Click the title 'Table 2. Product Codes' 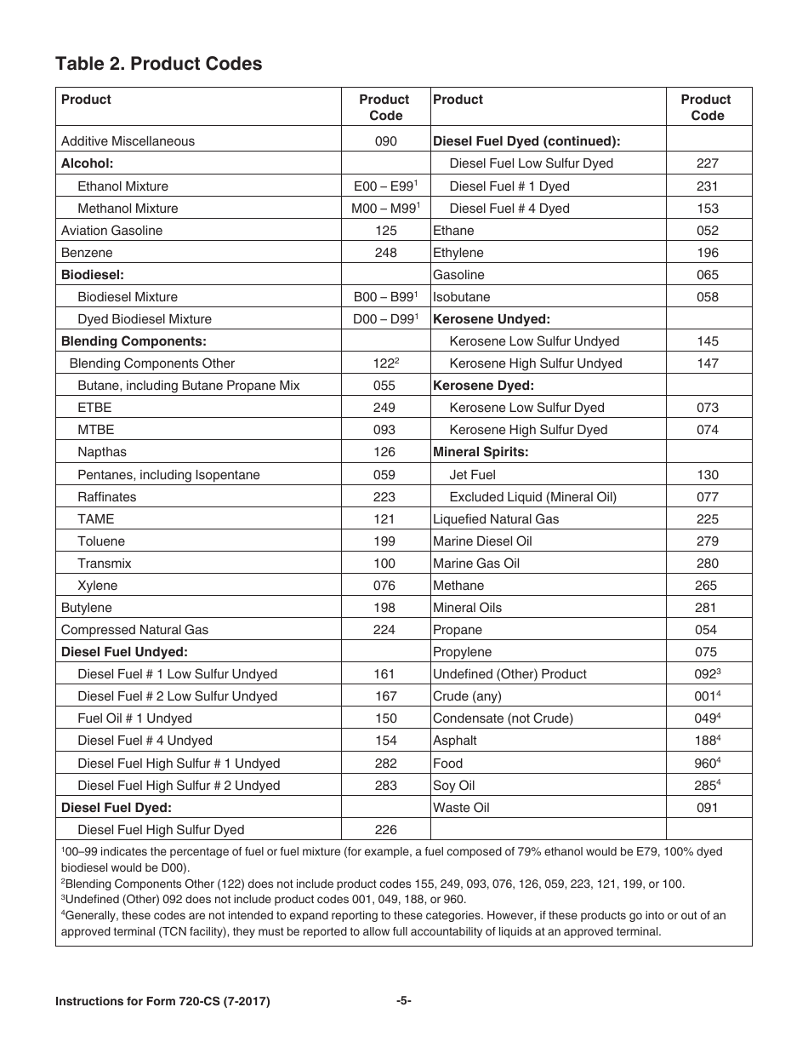pos(158,64)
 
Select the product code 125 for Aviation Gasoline pos(385,231)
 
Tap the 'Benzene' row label pos(87,253)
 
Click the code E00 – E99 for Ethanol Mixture pos(384,186)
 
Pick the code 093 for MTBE pos(384,430)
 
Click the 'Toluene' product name pos(101,541)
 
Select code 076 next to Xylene pos(384,586)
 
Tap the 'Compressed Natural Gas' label pos(134,630)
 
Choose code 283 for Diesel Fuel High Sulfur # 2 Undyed pos(385,786)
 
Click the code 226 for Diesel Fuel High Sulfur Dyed pos(385,830)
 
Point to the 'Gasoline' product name pos(458,275)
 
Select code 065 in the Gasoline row pos(707,275)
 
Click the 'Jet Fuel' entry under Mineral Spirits pos(472,475)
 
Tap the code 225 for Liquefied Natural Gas pos(707,519)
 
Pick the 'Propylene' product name pos(462,652)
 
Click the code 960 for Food pos(706,764)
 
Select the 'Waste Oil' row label pos(461,808)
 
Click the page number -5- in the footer pos(403,1001)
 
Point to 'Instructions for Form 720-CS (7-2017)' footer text pos(162,1002)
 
